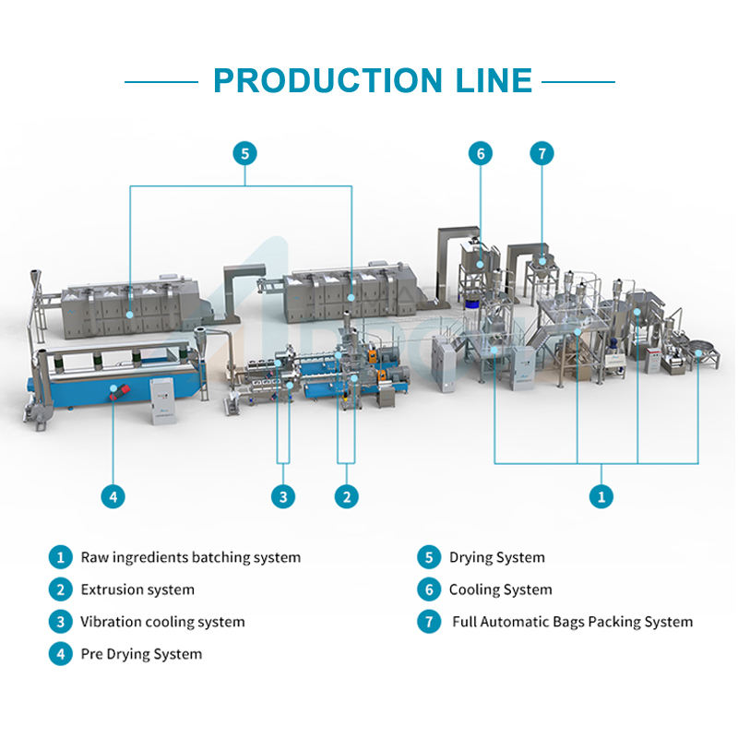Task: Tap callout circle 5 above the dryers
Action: pyautogui.click(x=244, y=153)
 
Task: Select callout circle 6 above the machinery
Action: pyautogui.click(x=480, y=153)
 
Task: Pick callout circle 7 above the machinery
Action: pyautogui.click(x=542, y=153)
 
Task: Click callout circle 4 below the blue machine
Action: pyautogui.click(x=113, y=496)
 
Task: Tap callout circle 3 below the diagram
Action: pyautogui.click(x=283, y=496)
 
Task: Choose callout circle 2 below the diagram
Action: pyautogui.click(x=346, y=496)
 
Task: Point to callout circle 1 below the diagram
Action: pyautogui.click(x=601, y=496)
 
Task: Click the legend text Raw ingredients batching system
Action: pyautogui.click(x=190, y=557)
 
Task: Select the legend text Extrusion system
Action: pyautogui.click(x=137, y=589)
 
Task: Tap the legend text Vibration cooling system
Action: pyautogui.click(x=162, y=622)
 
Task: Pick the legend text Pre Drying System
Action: pyautogui.click(x=141, y=654)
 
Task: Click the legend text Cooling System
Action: pyautogui.click(x=500, y=589)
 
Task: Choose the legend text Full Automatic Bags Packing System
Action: pyautogui.click(x=572, y=622)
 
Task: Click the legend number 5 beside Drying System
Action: pyautogui.click(x=428, y=557)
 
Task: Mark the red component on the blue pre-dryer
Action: pyautogui.click(x=113, y=391)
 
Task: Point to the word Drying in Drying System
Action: pyautogui.click(x=470, y=557)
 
